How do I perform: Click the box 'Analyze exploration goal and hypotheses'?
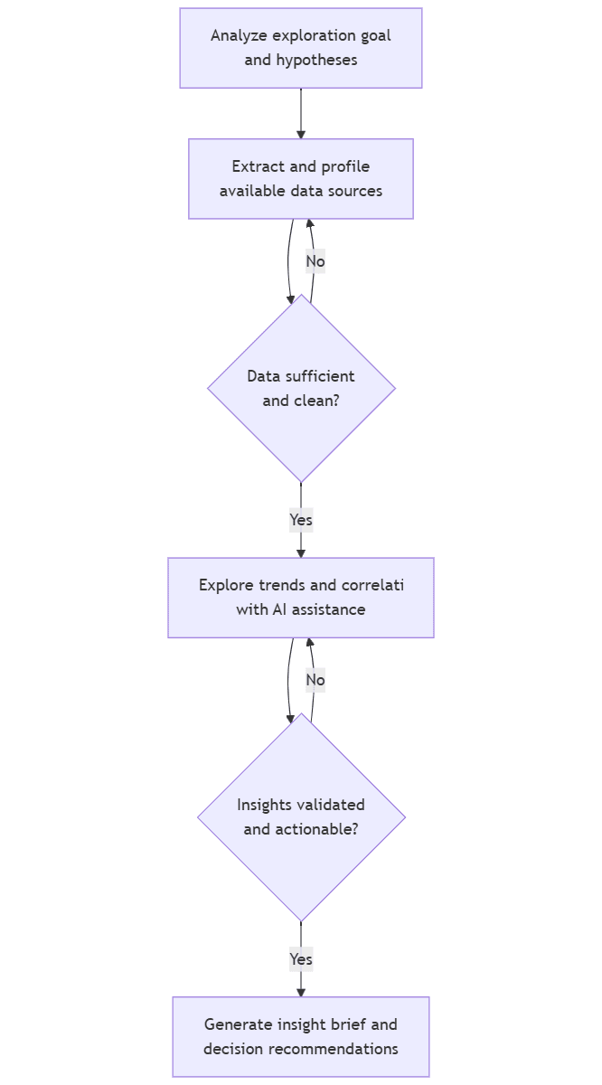pyautogui.click(x=301, y=48)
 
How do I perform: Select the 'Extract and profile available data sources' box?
pyautogui.click(x=301, y=178)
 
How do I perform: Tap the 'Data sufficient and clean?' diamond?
pyautogui.click(x=301, y=388)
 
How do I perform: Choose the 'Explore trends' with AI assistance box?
pyautogui.click(x=301, y=598)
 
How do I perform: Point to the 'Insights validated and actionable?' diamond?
pyautogui.click(x=301, y=816)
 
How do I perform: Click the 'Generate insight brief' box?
pyautogui.click(x=301, y=1036)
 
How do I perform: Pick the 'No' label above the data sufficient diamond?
pyautogui.click(x=315, y=261)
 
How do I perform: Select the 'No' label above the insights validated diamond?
pyautogui.click(x=315, y=680)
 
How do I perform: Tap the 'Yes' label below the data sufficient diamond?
pyautogui.click(x=301, y=520)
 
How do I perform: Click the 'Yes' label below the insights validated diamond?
pyautogui.click(x=301, y=958)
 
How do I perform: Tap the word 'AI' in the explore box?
pyautogui.click(x=281, y=609)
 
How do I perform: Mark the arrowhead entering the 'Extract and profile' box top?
pyautogui.click(x=301, y=134)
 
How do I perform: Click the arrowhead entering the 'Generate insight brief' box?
pyautogui.click(x=301, y=992)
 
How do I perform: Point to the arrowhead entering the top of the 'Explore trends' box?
pyautogui.click(x=301, y=552)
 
